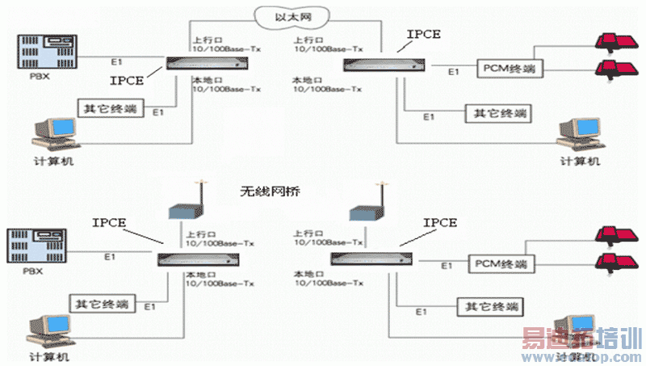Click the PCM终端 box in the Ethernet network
tap(510, 69)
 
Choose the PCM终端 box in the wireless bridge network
tap(499, 264)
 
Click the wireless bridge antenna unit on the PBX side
tap(179, 208)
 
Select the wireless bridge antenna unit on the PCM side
tap(362, 212)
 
